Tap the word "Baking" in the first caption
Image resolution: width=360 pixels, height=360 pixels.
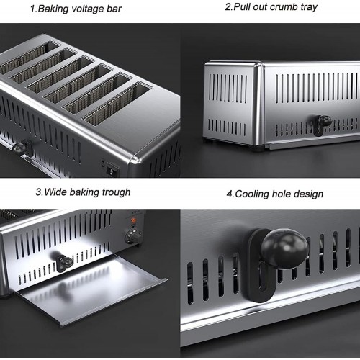50,9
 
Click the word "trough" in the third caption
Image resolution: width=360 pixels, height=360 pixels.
115,192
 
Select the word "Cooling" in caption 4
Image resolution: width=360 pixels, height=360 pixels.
253,194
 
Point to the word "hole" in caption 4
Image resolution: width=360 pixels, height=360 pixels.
284,194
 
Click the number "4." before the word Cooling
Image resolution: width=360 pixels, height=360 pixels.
228,194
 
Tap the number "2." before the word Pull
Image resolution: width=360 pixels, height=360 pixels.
228,7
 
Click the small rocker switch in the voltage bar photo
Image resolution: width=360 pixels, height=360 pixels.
109,170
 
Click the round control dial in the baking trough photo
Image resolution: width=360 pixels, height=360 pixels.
131,236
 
